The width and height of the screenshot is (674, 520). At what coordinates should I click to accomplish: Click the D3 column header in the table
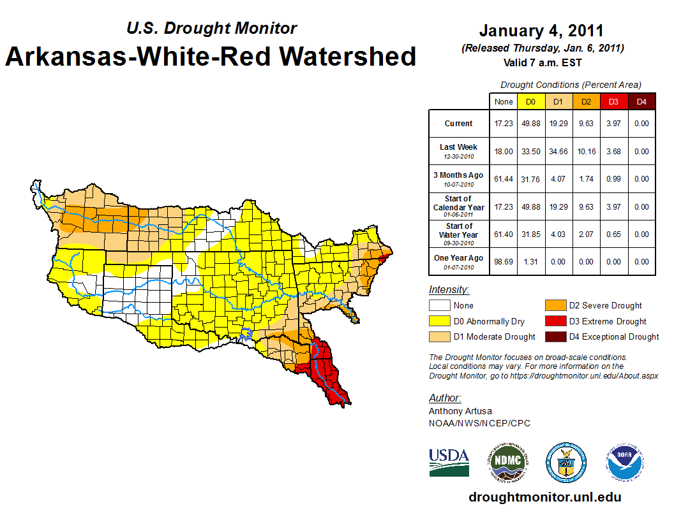613,102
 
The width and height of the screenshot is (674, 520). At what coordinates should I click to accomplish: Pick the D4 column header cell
641,102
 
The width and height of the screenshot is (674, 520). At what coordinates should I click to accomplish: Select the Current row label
459,124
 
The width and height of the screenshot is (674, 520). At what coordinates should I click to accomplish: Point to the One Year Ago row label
459,257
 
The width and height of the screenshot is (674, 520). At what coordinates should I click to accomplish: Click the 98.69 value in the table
504,261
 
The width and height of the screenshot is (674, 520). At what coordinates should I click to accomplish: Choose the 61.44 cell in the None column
504,179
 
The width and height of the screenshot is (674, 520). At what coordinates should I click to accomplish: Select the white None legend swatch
439,306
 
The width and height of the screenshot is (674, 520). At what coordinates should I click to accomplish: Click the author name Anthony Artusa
460,411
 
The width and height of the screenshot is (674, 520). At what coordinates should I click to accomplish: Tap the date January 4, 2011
541,31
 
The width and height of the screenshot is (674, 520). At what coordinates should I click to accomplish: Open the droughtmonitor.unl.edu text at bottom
544,497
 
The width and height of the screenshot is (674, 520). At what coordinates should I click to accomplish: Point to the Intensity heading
449,290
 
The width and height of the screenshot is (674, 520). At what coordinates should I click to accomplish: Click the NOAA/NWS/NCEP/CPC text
479,423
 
